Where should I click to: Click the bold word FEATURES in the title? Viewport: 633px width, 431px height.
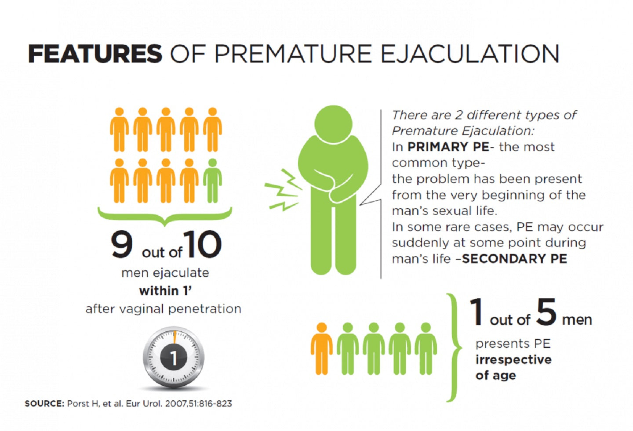coord(95,54)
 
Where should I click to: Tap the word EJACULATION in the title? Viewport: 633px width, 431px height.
coord(470,54)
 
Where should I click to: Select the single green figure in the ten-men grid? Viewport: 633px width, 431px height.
coord(212,181)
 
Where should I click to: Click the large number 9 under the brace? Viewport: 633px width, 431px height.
coord(122,245)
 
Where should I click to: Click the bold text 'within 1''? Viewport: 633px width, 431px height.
coord(166,291)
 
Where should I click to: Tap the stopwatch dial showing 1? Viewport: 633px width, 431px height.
coord(174,357)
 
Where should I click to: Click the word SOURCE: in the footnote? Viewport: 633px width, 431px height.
coord(45,404)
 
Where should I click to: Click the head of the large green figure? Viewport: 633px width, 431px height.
coord(333,124)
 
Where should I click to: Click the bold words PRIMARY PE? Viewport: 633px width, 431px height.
coord(448,147)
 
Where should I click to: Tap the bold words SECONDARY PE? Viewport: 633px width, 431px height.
coord(514,259)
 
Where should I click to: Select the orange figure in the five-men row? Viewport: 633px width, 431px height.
coord(322,349)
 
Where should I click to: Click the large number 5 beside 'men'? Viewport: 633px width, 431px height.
coord(546,312)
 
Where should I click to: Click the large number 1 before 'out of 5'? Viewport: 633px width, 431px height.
coord(477,312)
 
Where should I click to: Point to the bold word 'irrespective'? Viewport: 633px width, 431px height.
coord(513,359)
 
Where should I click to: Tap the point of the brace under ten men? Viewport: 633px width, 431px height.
coord(165,225)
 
